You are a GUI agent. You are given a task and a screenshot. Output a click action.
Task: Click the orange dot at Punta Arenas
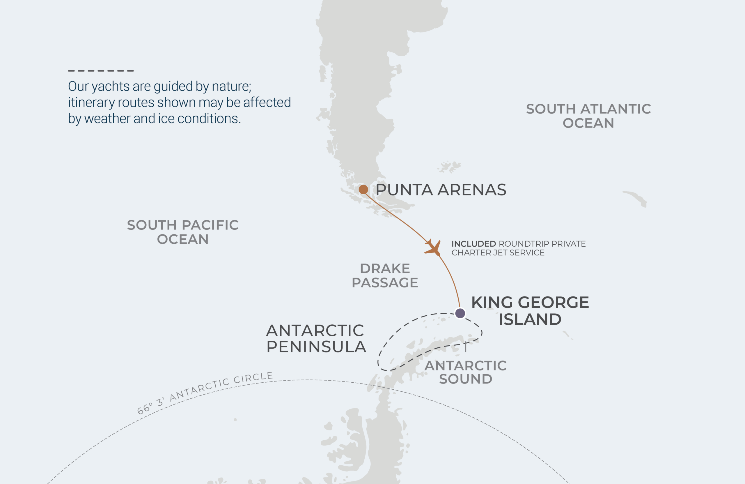coord(363,189)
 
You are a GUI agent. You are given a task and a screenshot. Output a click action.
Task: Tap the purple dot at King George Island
coord(460,313)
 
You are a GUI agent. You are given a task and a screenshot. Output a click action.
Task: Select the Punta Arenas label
coord(441,190)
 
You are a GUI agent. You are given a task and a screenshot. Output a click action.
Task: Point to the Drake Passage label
coord(385,275)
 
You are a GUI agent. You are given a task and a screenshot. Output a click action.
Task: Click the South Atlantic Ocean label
coord(588,116)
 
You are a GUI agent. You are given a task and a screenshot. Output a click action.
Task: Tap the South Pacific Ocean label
coord(182,232)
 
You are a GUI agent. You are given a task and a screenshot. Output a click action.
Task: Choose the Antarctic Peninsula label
coord(315,339)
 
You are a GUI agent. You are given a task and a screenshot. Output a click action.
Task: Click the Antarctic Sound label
coord(465,372)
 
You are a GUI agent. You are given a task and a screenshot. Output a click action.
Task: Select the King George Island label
coord(530,311)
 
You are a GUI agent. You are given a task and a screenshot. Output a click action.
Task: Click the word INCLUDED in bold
coord(473,244)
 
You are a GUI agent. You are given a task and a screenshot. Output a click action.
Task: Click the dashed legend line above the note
coord(101,71)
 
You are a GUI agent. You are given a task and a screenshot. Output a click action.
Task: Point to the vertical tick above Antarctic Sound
coord(466,347)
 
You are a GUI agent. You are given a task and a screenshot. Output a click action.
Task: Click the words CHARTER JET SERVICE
coord(498,253)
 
